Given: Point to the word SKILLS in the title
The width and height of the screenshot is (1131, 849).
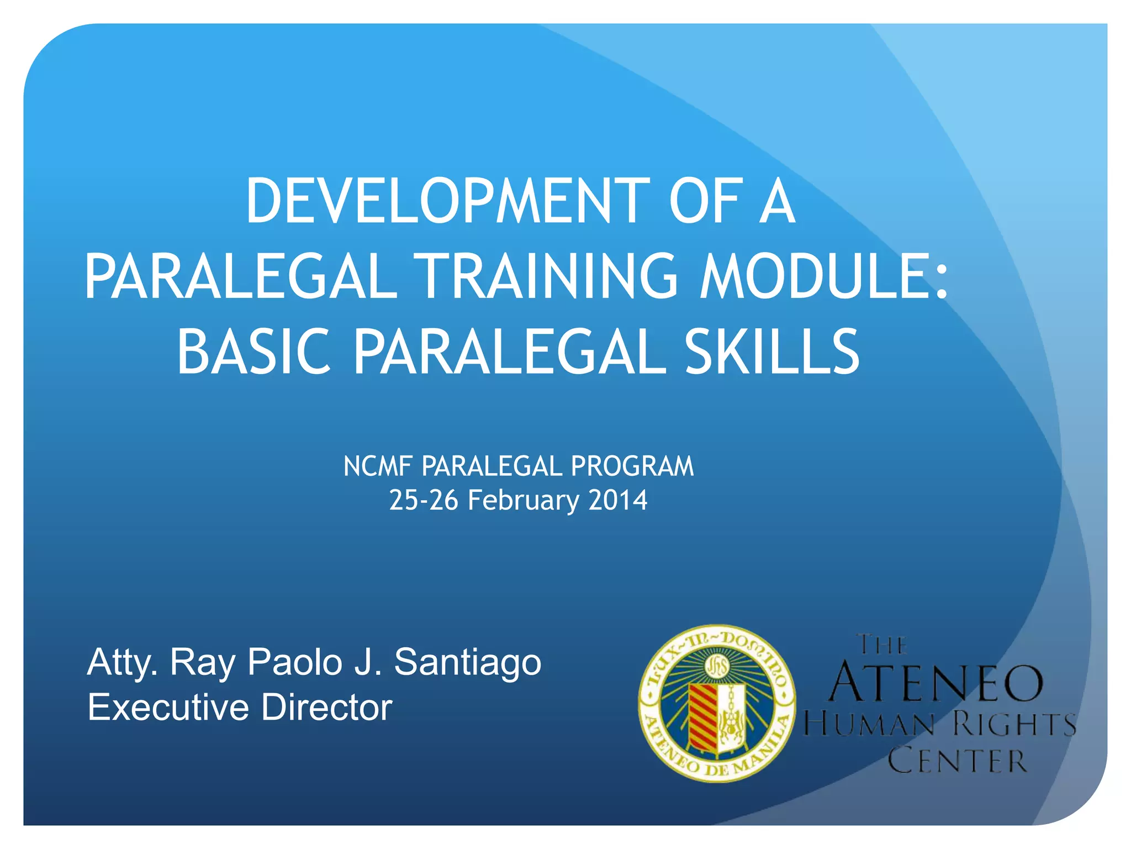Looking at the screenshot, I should (x=772, y=352).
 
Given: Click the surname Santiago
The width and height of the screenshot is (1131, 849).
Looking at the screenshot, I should (x=467, y=662).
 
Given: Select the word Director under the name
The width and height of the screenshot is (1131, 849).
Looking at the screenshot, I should (x=326, y=707).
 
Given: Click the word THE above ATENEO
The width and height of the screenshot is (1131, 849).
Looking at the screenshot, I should (x=882, y=644).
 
